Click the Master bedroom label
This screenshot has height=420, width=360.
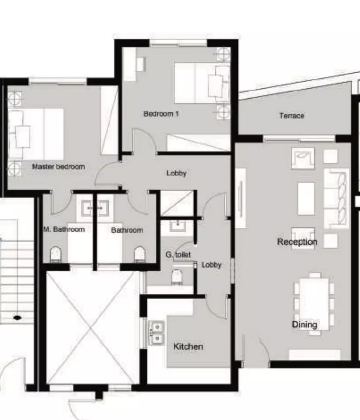(x=58, y=166)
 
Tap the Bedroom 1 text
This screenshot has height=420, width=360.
(x=161, y=114)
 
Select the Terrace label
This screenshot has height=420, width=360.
(x=292, y=116)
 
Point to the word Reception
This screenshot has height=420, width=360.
(x=297, y=242)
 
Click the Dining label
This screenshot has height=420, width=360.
(x=304, y=324)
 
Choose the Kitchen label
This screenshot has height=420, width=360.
(x=188, y=346)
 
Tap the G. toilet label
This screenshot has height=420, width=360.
(x=178, y=254)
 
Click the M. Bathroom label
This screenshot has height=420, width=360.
(x=64, y=229)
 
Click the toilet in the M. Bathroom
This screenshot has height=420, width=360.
(x=56, y=254)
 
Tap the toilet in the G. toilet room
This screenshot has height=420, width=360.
(x=177, y=277)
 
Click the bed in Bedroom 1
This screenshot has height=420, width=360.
(x=202, y=83)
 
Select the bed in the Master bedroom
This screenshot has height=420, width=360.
(x=36, y=134)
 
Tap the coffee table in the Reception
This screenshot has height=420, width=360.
(x=307, y=198)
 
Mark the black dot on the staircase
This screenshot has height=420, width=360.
(x=17, y=318)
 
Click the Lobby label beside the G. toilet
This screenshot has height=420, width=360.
(x=211, y=265)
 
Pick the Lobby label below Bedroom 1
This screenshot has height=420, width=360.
(x=176, y=173)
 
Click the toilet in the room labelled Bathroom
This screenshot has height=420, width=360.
(x=139, y=254)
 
